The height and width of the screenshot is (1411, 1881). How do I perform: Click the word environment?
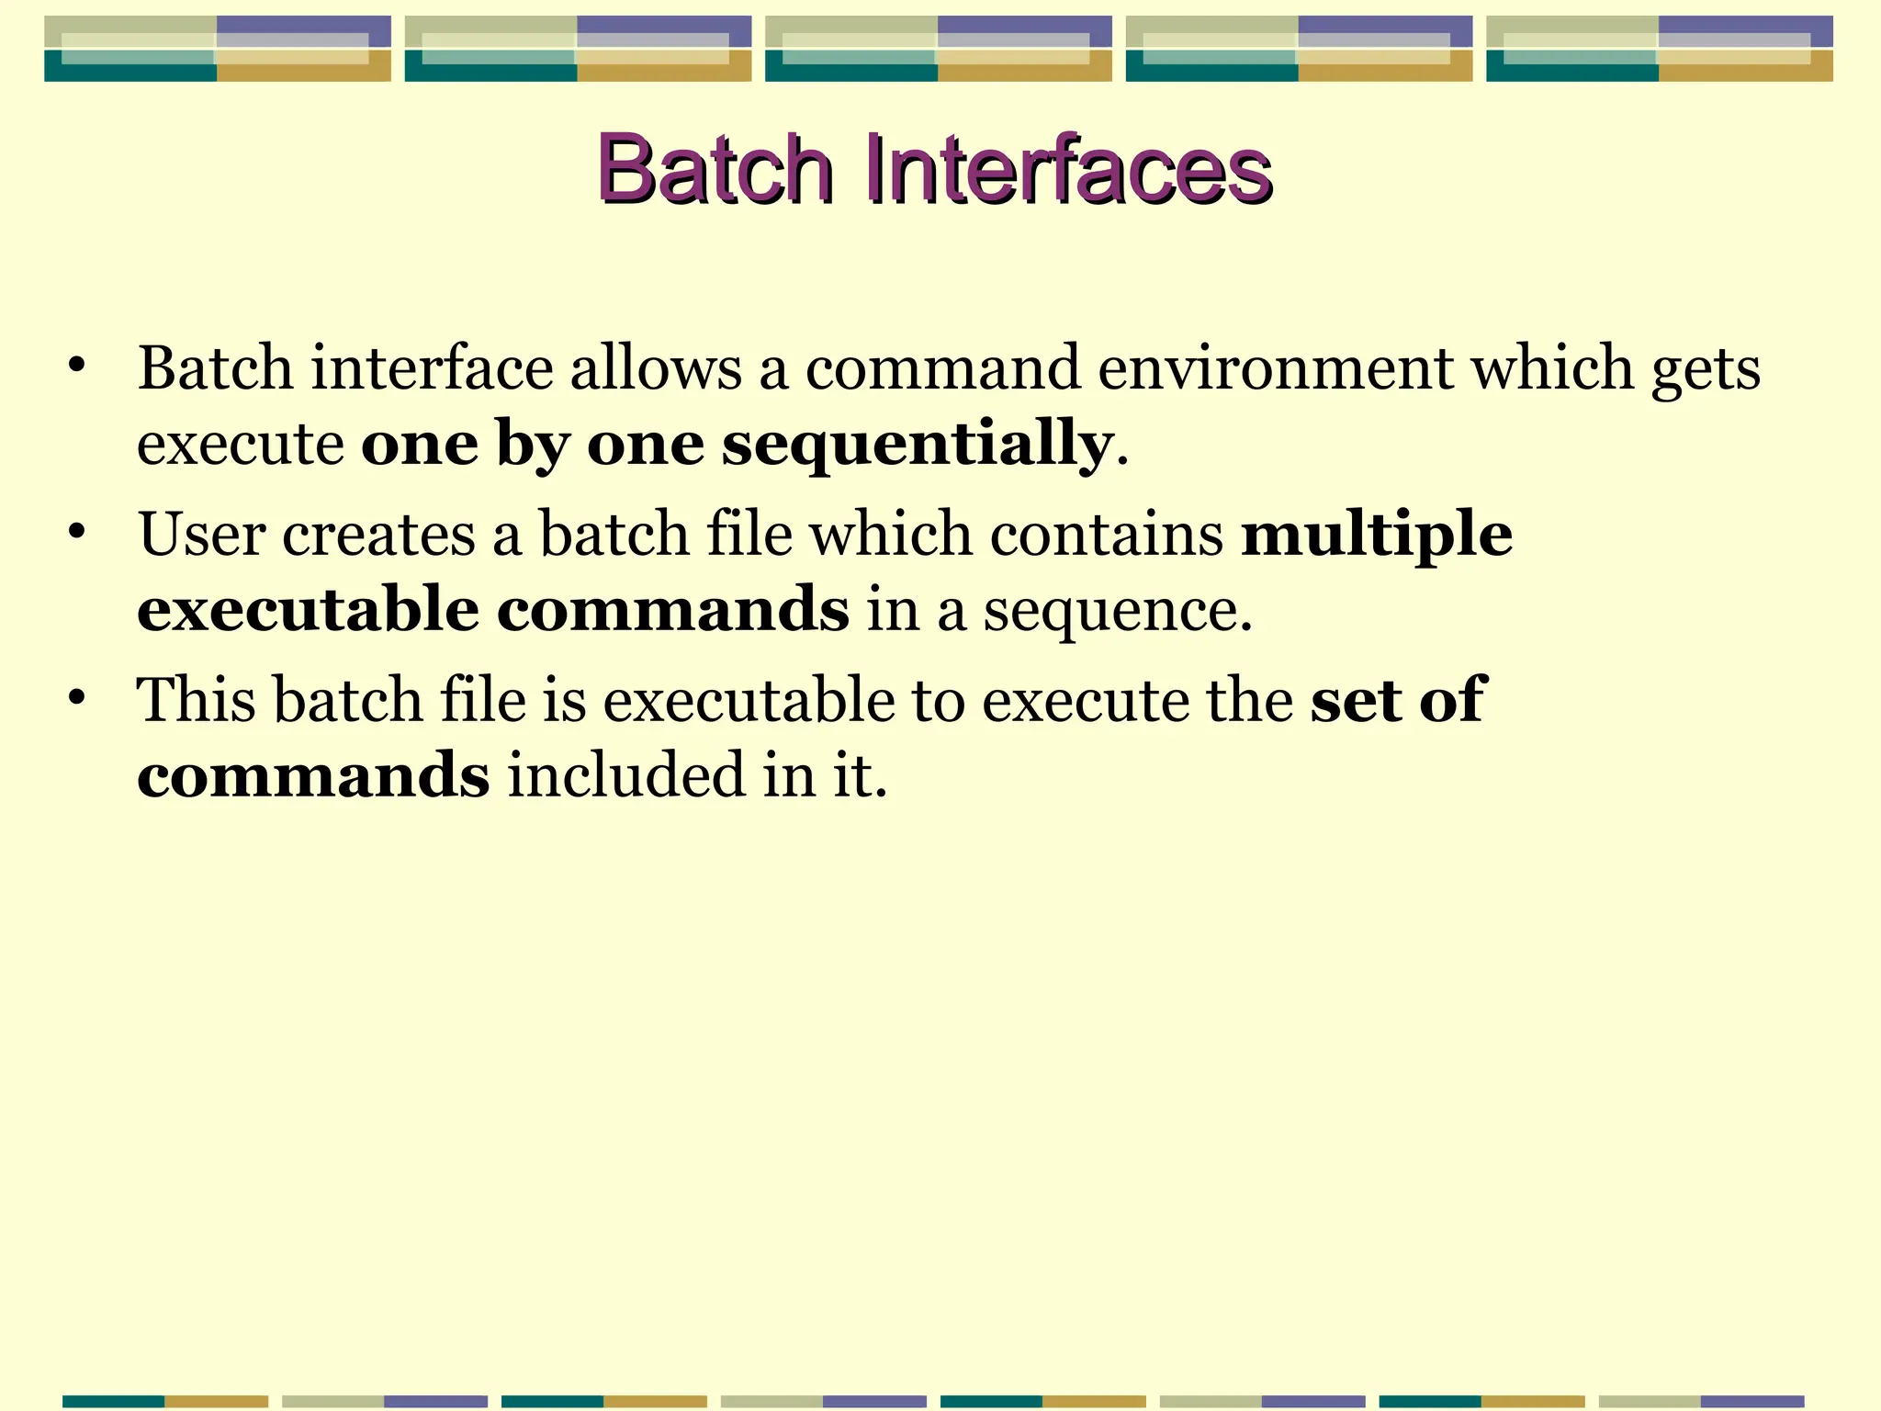(1276, 368)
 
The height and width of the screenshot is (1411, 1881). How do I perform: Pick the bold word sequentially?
(917, 445)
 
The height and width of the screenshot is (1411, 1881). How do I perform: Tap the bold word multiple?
(1376, 535)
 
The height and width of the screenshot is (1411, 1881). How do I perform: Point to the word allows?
(656, 368)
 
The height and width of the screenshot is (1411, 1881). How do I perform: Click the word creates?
(378, 535)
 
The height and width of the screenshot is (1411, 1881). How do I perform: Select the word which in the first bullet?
(1552, 368)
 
